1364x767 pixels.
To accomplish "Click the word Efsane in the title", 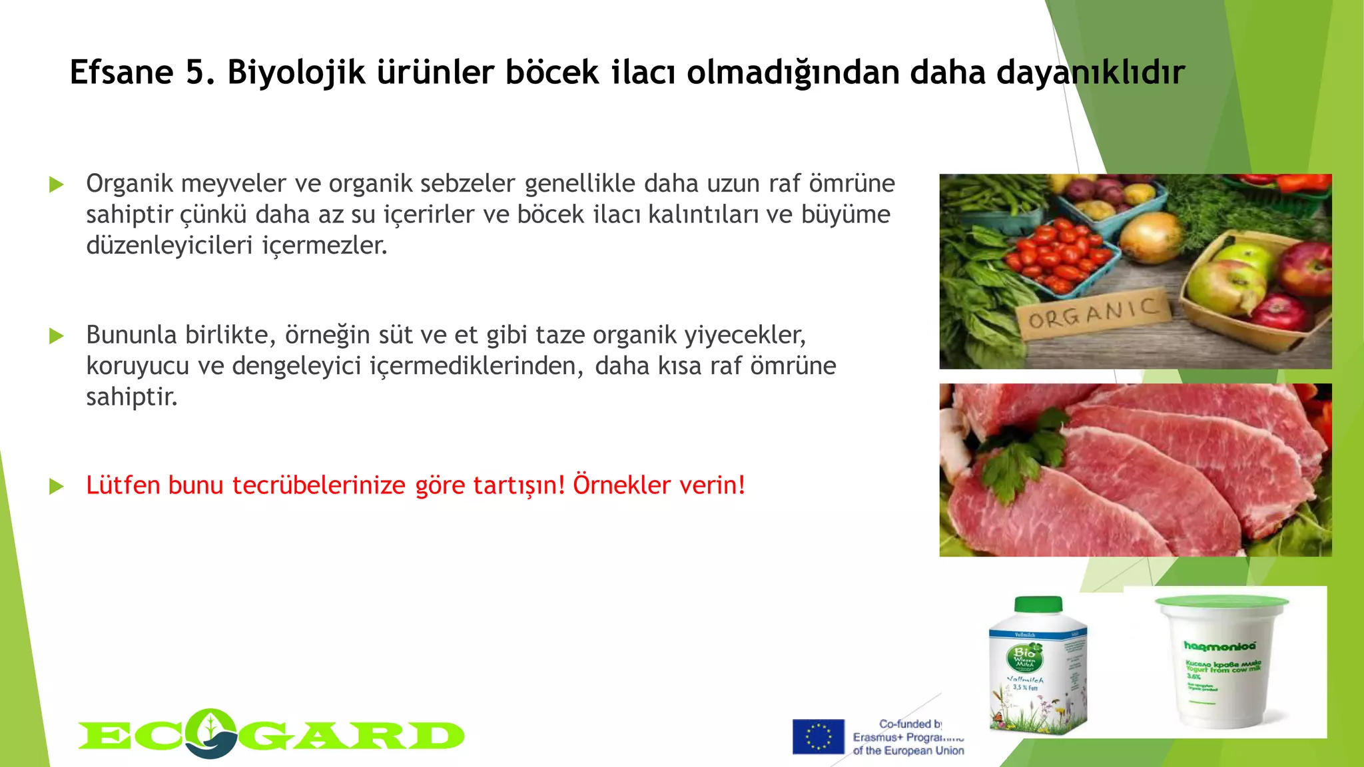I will (x=121, y=72).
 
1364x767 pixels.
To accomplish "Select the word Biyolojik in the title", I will (x=296, y=72).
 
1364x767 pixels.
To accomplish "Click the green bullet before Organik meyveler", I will (x=57, y=184).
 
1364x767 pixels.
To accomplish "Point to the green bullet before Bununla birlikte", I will (x=57, y=336).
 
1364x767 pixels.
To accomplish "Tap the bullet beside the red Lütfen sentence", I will (x=57, y=487).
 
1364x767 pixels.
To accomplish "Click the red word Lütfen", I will (x=123, y=485).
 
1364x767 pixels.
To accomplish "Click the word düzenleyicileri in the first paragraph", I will (x=169, y=245).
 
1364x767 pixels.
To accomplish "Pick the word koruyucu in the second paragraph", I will (x=139, y=366).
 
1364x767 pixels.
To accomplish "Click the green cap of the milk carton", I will (x=1038, y=605).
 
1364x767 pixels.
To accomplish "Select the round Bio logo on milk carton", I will (x=1024, y=658).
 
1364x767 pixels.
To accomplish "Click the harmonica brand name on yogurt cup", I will (x=1220, y=645).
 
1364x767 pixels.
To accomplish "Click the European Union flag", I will (x=818, y=736).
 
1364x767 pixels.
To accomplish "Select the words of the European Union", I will (x=908, y=751).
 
